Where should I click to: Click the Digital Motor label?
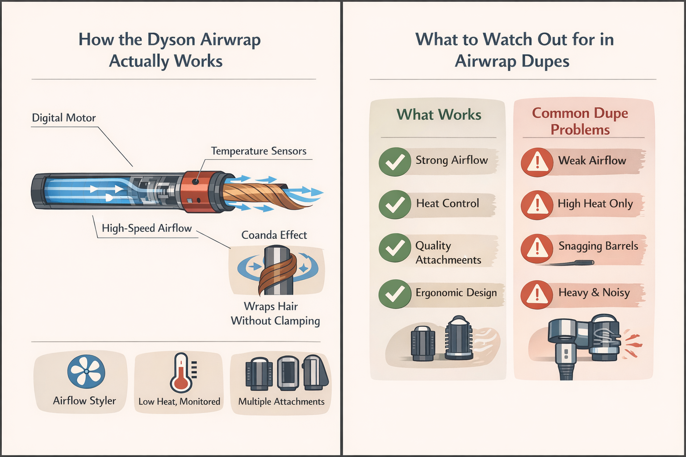click(64, 118)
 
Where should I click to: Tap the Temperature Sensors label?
click(259, 151)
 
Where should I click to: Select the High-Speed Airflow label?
click(146, 228)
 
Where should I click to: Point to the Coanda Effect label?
click(274, 235)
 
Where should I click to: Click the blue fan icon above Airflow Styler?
click(86, 372)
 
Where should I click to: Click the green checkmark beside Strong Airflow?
click(395, 162)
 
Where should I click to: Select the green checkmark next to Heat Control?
click(395, 204)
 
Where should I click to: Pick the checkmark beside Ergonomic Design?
click(395, 294)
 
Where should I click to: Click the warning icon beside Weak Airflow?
click(537, 162)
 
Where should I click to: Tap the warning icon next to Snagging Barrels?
click(537, 248)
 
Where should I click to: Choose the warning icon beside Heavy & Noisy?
click(537, 295)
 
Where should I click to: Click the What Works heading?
click(439, 115)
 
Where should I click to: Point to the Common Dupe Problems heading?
click(580, 121)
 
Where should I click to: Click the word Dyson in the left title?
click(171, 40)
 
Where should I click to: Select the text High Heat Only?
click(595, 204)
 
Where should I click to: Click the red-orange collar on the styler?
click(197, 192)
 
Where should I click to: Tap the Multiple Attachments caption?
click(281, 402)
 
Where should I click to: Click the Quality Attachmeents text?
click(448, 253)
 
